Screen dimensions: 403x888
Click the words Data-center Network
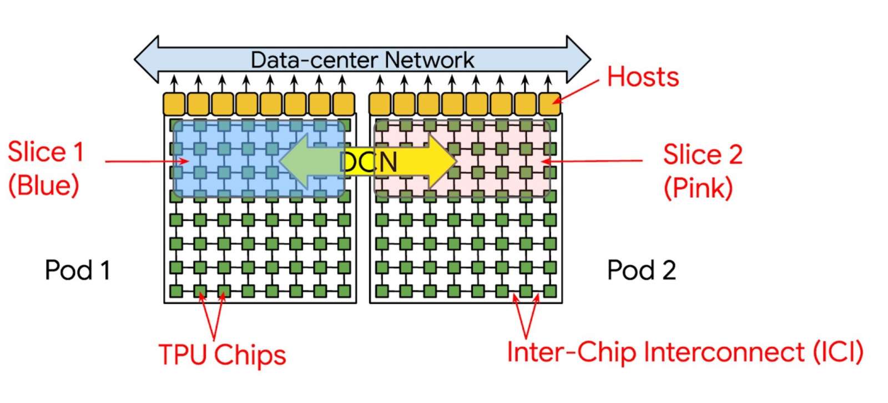362,60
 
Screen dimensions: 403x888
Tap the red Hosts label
643,77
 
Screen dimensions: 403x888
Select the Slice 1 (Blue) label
44,168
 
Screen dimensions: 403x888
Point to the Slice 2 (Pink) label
702,170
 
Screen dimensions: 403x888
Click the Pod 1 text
77,270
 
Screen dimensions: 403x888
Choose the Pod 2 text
641,270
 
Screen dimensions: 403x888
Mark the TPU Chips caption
222,355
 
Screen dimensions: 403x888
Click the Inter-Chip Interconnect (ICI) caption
685,352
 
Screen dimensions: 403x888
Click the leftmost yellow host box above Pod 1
174,104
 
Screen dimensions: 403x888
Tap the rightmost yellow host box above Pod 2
549,104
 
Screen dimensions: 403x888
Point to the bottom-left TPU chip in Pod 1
176,291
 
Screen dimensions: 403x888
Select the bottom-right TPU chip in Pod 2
549,291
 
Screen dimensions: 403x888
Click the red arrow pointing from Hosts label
577,90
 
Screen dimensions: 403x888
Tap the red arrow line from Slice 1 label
144,162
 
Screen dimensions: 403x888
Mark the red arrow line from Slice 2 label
594,161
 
